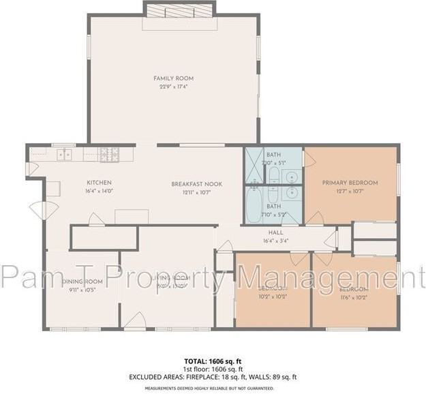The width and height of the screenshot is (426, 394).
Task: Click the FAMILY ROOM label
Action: pyautogui.click(x=174, y=78)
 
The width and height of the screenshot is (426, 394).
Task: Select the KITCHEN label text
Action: pyautogui.click(x=99, y=183)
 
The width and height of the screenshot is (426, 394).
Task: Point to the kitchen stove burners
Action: pyautogui.click(x=108, y=155)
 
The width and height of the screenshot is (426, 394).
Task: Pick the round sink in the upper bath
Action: pyautogui.click(x=292, y=177)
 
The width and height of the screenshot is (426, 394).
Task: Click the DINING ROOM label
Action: pyautogui.click(x=82, y=282)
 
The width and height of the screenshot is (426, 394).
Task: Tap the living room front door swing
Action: pyautogui.click(x=136, y=320)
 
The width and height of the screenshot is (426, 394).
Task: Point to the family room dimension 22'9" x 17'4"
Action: pyautogui.click(x=174, y=87)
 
